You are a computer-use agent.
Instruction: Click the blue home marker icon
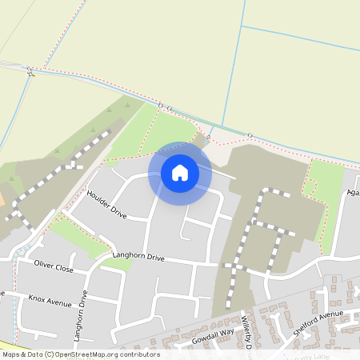180,173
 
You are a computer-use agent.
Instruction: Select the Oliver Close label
54,266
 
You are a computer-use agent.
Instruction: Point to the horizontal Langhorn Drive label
138,258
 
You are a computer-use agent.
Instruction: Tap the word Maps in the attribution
11,354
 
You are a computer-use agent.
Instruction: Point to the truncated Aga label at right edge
353,193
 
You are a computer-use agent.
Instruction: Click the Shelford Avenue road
320,328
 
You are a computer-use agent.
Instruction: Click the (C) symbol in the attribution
50,354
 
